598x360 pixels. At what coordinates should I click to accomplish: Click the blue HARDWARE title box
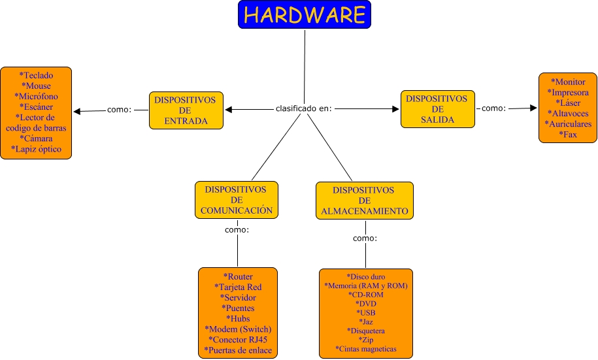[305, 15]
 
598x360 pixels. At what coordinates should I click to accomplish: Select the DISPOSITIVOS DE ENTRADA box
[186, 110]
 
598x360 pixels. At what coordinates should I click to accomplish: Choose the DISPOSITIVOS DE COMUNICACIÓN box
[236, 200]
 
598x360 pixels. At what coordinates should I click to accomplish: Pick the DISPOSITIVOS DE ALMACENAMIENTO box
[364, 201]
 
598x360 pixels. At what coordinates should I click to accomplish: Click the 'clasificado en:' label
[304, 108]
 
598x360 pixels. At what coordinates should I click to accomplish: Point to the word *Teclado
[36, 75]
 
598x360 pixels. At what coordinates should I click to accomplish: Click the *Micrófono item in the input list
[36, 96]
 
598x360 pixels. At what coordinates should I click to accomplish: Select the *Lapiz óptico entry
[36, 149]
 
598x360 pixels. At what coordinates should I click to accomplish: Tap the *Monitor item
[568, 82]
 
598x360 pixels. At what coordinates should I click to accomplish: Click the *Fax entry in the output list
[568, 134]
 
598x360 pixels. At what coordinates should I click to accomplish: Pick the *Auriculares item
[568, 123]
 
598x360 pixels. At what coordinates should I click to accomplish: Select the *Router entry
[238, 276]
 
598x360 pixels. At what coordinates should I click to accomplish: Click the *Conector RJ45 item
[238, 340]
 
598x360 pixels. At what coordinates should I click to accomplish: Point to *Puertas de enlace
[238, 351]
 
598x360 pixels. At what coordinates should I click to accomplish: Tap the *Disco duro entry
[366, 276]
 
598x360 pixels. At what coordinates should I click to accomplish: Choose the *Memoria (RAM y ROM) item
[366, 286]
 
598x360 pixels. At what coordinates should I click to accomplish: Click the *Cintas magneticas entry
[366, 349]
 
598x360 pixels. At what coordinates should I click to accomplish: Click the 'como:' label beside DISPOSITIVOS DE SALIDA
[493, 108]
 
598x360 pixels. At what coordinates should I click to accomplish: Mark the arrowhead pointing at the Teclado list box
[77, 111]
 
